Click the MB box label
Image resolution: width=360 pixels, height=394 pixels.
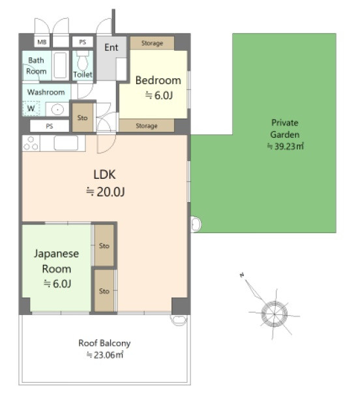[42, 42]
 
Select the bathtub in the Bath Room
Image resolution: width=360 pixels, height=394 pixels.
[60, 65]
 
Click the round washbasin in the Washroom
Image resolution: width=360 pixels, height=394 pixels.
[57, 110]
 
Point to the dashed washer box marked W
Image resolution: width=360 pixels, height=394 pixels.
[31, 108]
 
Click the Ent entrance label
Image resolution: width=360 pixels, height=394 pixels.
[112, 47]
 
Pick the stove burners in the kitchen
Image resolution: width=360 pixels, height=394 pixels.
[31, 144]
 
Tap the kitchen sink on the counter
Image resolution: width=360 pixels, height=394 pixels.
[67, 143]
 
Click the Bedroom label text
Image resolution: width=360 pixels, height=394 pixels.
[158, 80]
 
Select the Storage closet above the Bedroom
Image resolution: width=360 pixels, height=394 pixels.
[152, 43]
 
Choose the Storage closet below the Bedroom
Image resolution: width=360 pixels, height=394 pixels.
[147, 125]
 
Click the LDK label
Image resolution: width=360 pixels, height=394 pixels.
[104, 174]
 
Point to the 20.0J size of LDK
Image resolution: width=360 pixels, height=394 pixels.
[106, 192]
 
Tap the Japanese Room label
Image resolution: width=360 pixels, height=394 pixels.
[57, 261]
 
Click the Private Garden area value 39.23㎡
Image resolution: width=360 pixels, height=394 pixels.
[286, 146]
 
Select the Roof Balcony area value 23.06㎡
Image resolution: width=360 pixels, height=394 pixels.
[105, 355]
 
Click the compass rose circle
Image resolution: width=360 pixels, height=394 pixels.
[275, 314]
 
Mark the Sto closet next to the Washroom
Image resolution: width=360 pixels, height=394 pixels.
[83, 117]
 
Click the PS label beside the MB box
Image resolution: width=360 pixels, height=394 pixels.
[83, 42]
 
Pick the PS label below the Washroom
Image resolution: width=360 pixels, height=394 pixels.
[50, 126]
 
